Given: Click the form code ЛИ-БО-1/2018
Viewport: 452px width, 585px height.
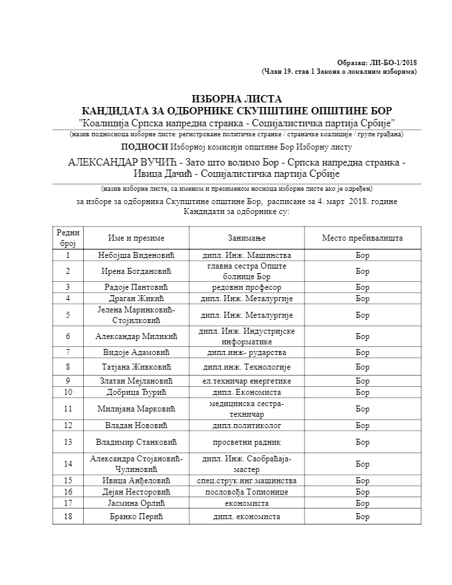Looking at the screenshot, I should coord(394,62).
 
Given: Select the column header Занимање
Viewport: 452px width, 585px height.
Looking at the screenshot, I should coord(247,238).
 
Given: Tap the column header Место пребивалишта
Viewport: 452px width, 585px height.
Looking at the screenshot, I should coord(362,238).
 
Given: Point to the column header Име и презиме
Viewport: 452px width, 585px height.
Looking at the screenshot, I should coord(136,238).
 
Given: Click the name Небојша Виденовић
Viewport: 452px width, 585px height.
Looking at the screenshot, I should coord(136,255).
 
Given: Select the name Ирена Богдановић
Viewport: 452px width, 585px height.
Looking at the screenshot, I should coord(136,271).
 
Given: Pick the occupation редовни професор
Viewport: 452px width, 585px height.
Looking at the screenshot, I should coord(247,287).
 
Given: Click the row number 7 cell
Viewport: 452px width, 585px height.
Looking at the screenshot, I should coord(68,352).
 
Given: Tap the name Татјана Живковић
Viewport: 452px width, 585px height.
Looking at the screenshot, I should coord(136,366).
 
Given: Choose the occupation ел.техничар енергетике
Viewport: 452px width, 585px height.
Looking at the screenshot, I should coord(247,381).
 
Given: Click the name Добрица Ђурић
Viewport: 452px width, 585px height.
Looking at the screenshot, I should coord(136,392).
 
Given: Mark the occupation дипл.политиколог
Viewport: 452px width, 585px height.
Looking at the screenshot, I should coord(247,425).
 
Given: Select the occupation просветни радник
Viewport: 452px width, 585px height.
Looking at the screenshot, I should coord(247,441).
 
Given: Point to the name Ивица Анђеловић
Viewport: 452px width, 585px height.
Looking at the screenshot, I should coord(136,480).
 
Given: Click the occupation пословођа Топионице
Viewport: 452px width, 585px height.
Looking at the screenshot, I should coord(247,492).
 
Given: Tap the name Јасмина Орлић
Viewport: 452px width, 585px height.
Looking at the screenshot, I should coord(136,503).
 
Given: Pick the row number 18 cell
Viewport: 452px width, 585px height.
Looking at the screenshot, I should coord(68,517).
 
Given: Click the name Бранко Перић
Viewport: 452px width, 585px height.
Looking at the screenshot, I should coord(136,517).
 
